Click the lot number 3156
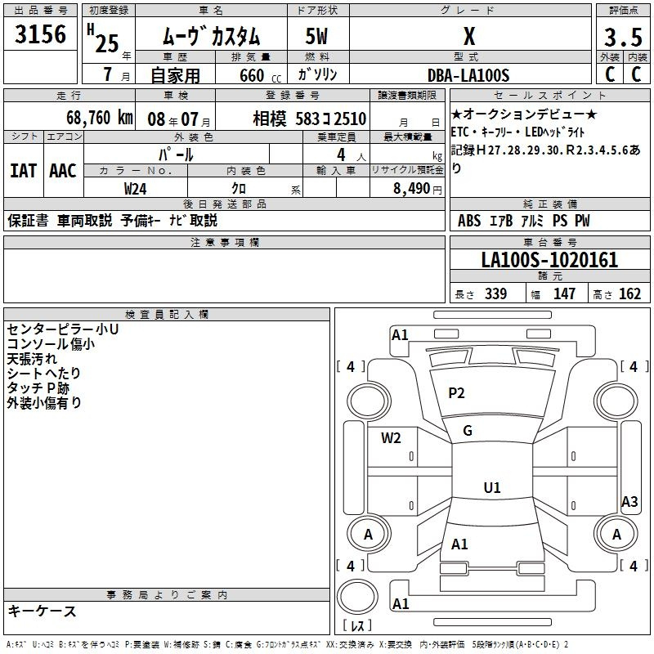(x=40, y=36)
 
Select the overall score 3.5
(x=622, y=38)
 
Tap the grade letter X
(x=469, y=36)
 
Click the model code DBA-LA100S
(x=468, y=75)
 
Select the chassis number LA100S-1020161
(x=549, y=261)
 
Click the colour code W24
(x=136, y=188)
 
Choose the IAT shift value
(x=24, y=170)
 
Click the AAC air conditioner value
(x=63, y=170)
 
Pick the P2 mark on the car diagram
(x=456, y=393)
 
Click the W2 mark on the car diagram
(x=391, y=437)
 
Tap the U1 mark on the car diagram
(x=491, y=488)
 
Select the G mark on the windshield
(x=468, y=431)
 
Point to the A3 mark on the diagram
(x=629, y=502)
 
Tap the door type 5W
(x=318, y=36)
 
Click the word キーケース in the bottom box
(x=43, y=611)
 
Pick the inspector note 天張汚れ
(x=33, y=358)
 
